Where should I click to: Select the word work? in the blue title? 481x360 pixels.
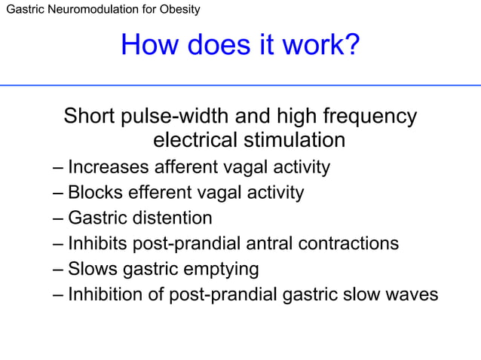[x=318, y=47]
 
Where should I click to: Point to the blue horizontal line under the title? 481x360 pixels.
[x=240, y=85]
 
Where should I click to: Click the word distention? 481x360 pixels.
[x=171, y=218]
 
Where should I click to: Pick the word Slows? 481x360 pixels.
[x=90, y=269]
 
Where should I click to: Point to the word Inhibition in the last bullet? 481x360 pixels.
[x=104, y=294]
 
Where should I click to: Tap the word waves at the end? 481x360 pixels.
[x=412, y=294]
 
